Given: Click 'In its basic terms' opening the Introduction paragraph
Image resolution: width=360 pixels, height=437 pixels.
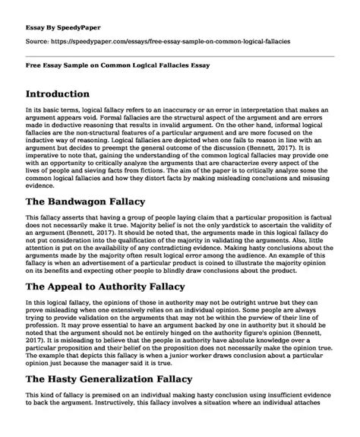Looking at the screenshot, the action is pos(49,110).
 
